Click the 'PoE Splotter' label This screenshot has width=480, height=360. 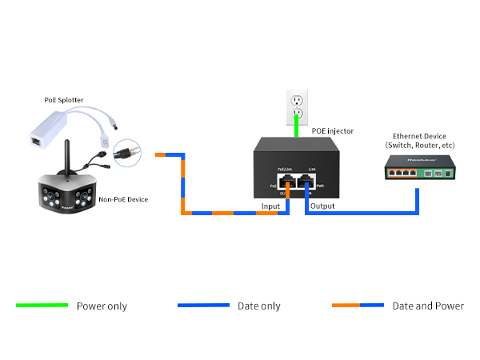click(x=63, y=100)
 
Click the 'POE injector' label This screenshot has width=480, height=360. click(x=332, y=130)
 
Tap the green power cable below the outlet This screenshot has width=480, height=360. click(x=298, y=126)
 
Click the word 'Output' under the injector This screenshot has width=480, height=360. click(x=322, y=206)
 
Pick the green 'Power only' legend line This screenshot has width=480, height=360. click(x=42, y=306)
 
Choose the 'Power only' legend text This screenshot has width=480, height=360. click(x=102, y=306)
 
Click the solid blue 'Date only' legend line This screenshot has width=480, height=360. click(x=203, y=306)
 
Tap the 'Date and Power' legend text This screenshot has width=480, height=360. click(x=428, y=306)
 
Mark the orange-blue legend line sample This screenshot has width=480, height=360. click(x=358, y=306)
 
